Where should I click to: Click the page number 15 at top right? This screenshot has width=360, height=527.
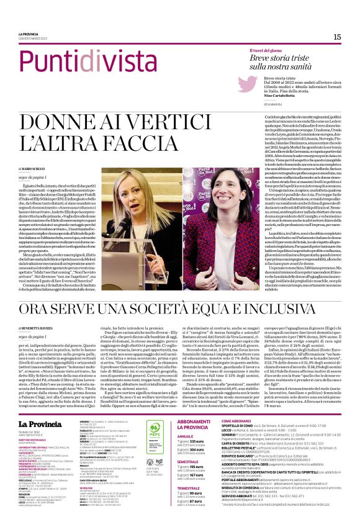337,37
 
